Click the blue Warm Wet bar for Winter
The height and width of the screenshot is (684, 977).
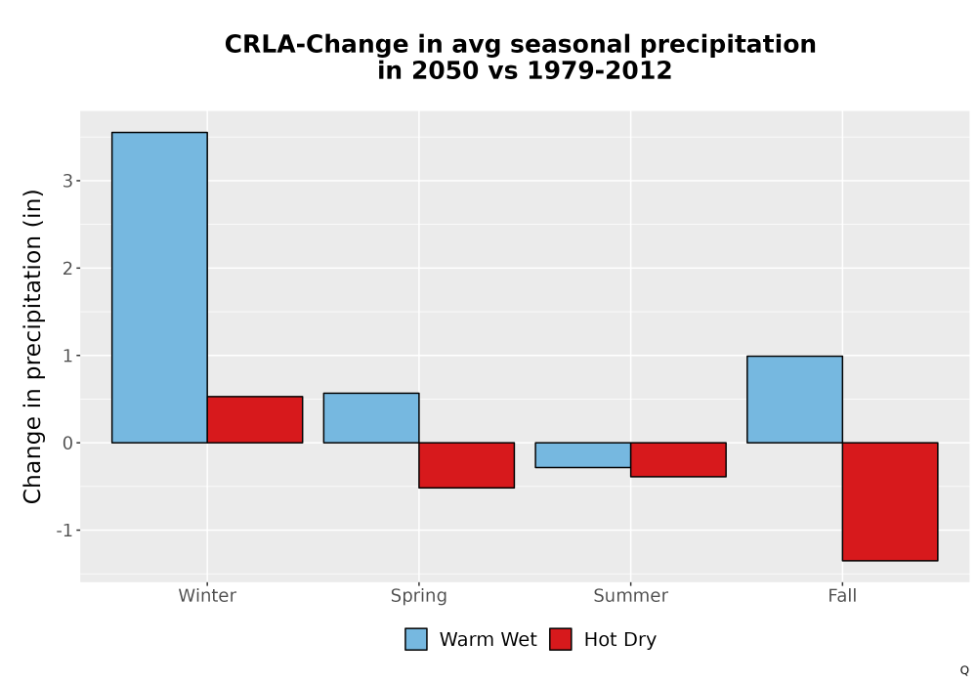(159, 287)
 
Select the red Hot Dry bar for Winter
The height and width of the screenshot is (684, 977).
(255, 419)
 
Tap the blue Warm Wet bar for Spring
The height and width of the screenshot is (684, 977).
(371, 418)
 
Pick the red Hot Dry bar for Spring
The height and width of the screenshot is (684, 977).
(467, 465)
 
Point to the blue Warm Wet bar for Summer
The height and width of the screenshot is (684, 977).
(583, 454)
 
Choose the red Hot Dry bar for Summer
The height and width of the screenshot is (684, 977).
(679, 459)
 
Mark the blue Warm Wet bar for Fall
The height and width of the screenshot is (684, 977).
(794, 400)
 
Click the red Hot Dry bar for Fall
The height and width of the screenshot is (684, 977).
(890, 501)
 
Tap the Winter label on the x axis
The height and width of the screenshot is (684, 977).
(207, 595)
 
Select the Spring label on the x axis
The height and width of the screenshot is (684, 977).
(419, 596)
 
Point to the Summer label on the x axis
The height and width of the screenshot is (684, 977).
(630, 595)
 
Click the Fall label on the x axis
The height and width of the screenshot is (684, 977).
(842, 595)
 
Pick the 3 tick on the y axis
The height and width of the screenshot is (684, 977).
(67, 181)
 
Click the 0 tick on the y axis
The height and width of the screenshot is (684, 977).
(67, 443)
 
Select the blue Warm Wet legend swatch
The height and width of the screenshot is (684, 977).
(416, 639)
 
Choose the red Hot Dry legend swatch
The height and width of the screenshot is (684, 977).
(561, 639)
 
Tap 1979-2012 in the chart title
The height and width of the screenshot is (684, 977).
(599, 70)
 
